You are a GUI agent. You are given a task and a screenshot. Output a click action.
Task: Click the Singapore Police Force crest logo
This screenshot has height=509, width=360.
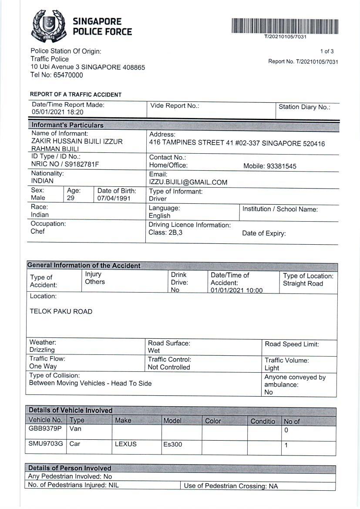click(x=48, y=26)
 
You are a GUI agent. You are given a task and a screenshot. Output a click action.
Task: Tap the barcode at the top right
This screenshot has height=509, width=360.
click(x=285, y=26)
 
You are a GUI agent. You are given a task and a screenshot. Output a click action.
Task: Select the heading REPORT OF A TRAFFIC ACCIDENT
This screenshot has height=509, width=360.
click(x=76, y=94)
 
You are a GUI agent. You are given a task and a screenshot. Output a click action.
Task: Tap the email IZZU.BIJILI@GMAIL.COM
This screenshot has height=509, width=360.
click(x=188, y=182)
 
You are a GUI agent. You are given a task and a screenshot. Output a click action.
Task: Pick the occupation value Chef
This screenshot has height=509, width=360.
click(x=37, y=231)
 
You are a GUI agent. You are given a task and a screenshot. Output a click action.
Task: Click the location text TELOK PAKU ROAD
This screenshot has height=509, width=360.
click(x=61, y=311)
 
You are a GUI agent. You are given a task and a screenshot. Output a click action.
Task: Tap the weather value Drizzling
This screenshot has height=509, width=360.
click(x=42, y=350)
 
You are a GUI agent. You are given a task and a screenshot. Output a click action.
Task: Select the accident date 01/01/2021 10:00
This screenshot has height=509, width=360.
click(x=236, y=290)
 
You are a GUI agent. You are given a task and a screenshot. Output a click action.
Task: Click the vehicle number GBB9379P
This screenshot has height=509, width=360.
click(x=45, y=428)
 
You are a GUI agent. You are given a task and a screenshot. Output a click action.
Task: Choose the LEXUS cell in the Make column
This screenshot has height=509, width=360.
click(x=125, y=444)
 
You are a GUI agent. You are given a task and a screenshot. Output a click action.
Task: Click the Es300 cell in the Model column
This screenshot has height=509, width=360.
click(x=173, y=445)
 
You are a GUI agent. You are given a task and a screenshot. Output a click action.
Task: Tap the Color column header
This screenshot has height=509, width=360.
click(x=213, y=421)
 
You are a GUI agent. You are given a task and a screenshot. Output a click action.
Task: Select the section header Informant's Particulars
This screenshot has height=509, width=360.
click(x=67, y=125)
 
